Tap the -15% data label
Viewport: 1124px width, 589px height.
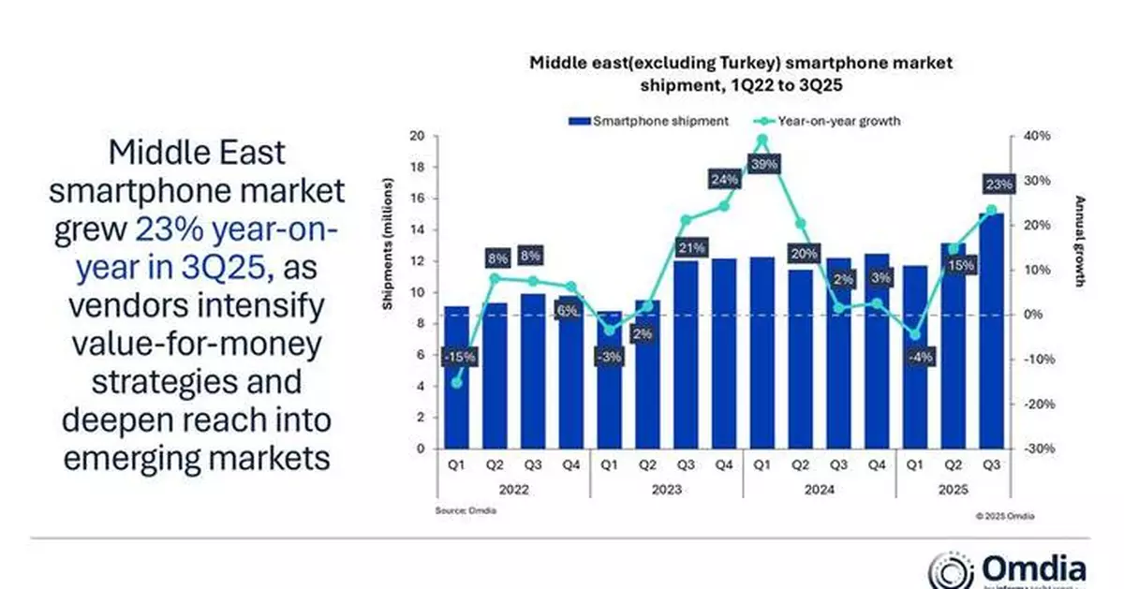458,356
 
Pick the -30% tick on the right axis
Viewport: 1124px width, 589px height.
1033,449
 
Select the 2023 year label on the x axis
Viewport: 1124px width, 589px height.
666,489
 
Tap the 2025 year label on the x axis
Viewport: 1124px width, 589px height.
953,489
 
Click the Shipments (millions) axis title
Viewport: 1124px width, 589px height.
387,260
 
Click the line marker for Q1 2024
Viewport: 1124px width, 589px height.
762,140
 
